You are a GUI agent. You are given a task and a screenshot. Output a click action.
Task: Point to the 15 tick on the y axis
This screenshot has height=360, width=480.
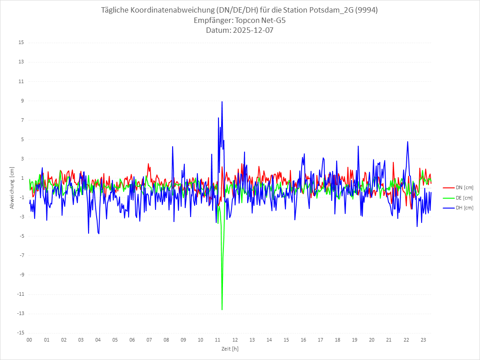coord(21,43)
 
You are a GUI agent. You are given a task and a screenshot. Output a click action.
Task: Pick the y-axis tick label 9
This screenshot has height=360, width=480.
coord(22,101)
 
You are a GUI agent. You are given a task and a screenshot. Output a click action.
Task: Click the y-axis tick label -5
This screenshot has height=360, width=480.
coord(21,236)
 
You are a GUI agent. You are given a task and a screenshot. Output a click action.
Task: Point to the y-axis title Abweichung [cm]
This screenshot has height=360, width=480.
coord(12,187)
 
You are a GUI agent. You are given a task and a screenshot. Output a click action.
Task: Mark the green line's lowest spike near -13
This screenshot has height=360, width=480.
coord(222,309)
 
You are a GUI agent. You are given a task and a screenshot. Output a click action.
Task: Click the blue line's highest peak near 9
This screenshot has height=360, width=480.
coord(222,102)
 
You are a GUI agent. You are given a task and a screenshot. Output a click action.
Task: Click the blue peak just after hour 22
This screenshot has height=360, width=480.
coord(408,142)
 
